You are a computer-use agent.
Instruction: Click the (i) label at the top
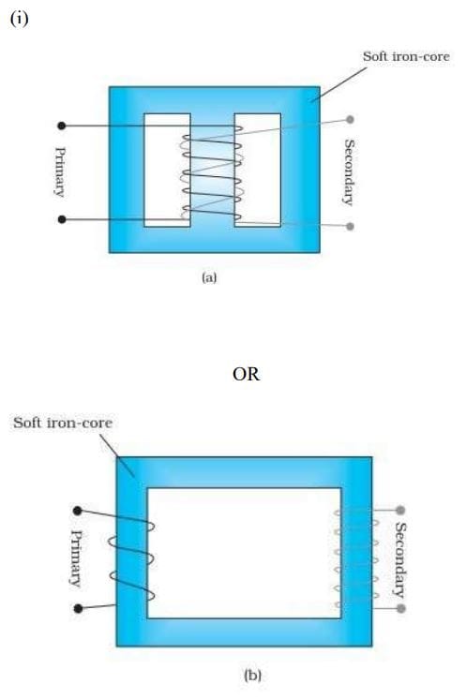click(x=20, y=19)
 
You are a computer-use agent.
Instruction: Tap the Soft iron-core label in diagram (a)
click(x=406, y=56)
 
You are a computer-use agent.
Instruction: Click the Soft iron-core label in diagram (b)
click(x=63, y=423)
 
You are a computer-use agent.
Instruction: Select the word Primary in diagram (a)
click(x=60, y=172)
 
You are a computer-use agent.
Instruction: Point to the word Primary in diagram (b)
click(x=76, y=558)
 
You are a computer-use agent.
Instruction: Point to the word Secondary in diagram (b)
click(x=400, y=559)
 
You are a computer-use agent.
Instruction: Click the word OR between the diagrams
click(x=246, y=374)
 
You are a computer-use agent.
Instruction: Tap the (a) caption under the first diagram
click(x=209, y=278)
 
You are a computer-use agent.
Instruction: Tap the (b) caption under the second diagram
click(x=253, y=676)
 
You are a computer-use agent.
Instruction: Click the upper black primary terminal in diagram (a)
click(x=62, y=126)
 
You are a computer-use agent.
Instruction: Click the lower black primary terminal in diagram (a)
click(x=62, y=219)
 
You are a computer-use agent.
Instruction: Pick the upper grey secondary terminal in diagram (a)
click(x=350, y=120)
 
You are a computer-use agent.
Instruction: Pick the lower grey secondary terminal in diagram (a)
click(x=350, y=226)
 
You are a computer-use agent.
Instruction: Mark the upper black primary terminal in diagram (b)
click(x=78, y=511)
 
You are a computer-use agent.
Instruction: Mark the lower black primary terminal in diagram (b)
click(x=78, y=608)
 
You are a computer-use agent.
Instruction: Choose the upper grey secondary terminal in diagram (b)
click(x=400, y=510)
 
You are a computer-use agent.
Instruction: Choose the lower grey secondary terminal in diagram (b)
click(x=400, y=608)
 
